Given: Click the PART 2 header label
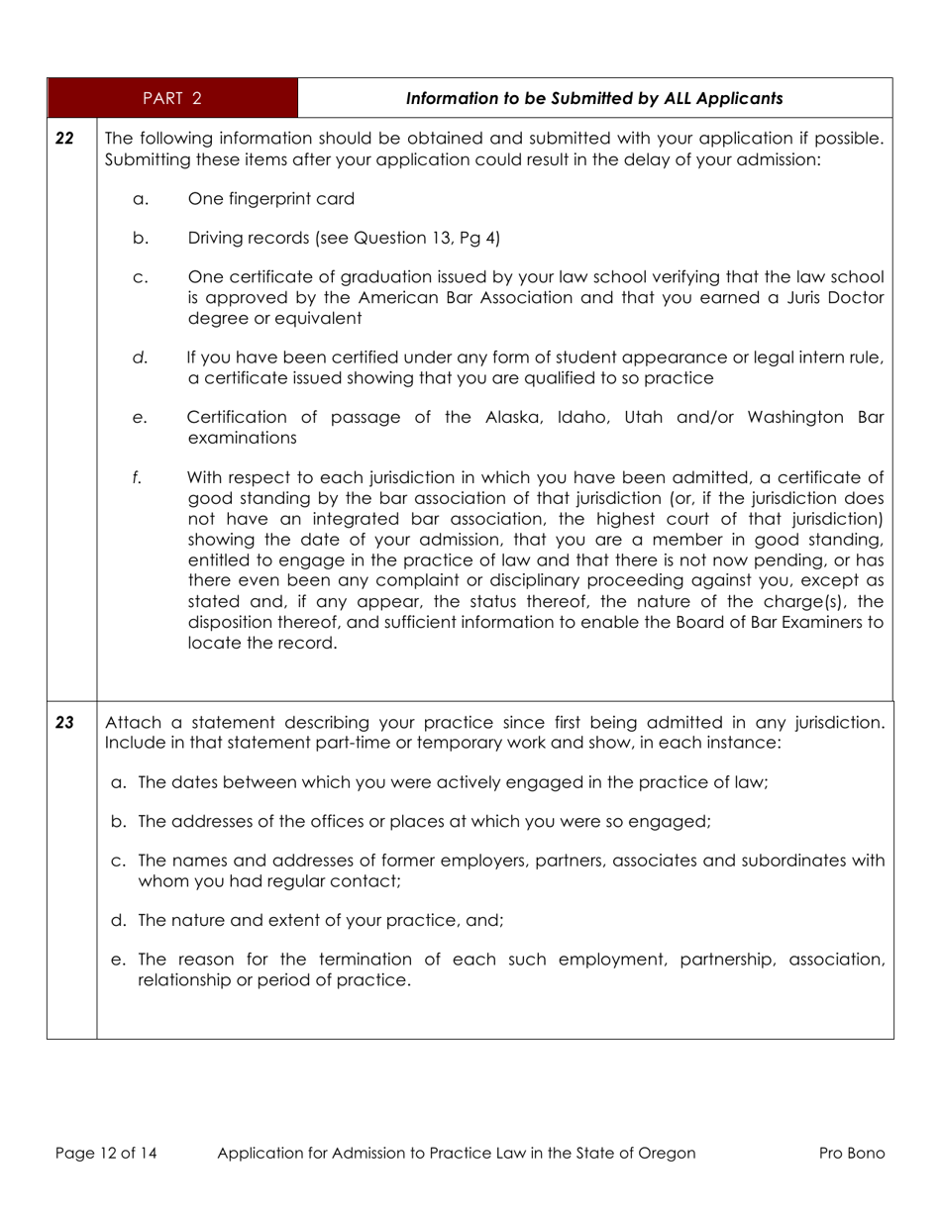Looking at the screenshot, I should point(171,98).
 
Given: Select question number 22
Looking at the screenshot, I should point(64,139).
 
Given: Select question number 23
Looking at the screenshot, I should point(64,723).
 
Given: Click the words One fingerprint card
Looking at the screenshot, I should point(270,199).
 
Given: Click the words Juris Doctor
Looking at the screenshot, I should point(835,298).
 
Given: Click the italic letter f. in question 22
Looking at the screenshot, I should point(137,478).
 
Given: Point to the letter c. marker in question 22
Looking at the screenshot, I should point(140,278).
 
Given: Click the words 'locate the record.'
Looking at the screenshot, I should point(262,643).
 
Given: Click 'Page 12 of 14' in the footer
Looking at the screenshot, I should point(106,1153).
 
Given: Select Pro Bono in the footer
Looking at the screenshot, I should point(852,1153).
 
